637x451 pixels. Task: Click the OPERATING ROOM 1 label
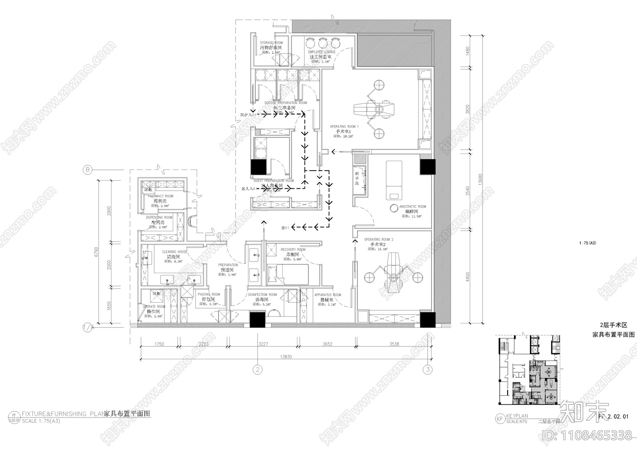344,126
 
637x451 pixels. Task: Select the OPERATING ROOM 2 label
378,240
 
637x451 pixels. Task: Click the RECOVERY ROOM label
293,250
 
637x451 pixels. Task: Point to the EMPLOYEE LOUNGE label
322,52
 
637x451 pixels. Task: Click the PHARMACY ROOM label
160,196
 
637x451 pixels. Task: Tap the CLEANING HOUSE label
174,252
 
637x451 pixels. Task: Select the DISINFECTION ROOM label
262,295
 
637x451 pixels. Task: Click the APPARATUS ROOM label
327,295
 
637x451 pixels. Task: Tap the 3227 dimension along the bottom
263,344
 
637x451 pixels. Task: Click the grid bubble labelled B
87,170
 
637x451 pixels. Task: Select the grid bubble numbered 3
428,369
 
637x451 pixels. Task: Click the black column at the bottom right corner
428,319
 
